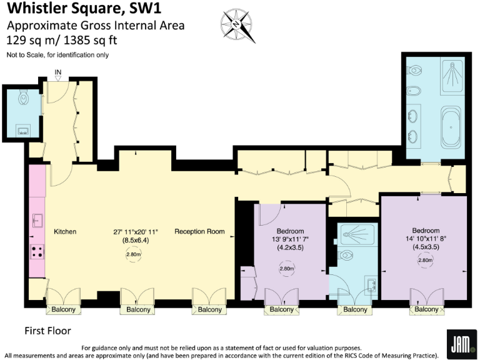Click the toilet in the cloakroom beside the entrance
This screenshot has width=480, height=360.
[x=24, y=98]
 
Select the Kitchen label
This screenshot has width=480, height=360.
[x=65, y=232]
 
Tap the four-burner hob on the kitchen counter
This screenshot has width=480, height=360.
[x=37, y=252]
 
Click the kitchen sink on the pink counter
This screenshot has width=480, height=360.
[x=36, y=220]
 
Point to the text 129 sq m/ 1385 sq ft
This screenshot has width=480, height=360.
[x=62, y=40]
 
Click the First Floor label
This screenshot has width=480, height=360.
[x=47, y=331]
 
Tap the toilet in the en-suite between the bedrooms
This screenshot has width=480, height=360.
[x=348, y=256]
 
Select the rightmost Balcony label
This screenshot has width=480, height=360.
[x=427, y=310]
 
